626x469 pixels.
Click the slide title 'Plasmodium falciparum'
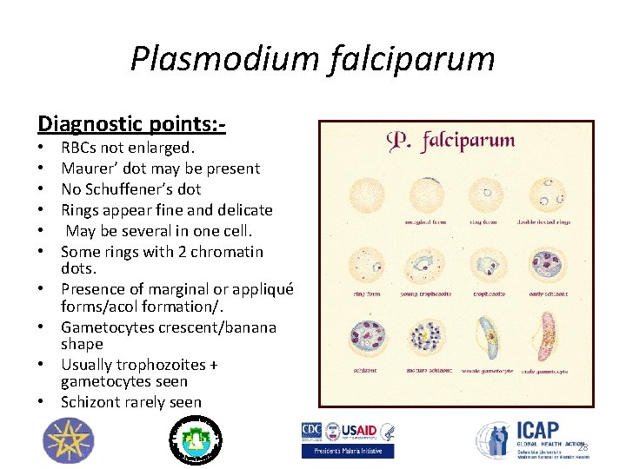pos(312,59)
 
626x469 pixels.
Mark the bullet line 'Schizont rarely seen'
pos(130,402)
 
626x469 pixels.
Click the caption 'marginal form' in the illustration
pos(425,222)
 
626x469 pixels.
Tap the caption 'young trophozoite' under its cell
pos(425,294)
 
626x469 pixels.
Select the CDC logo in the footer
pos(312,432)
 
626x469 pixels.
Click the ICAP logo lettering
pos(538,431)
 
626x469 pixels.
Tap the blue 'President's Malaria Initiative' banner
pos(348,451)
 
